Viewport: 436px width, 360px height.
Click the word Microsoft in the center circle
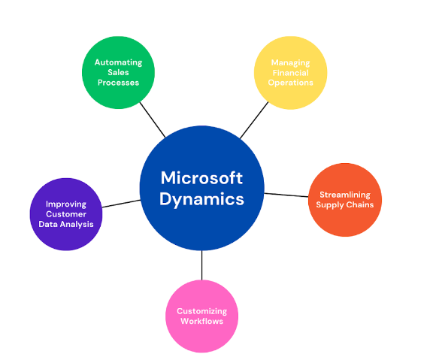(201, 177)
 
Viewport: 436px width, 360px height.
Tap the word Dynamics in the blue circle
(201, 200)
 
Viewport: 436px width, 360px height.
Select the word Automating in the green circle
(119, 62)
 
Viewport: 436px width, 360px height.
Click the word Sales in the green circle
(118, 73)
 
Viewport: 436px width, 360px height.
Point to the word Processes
(118, 83)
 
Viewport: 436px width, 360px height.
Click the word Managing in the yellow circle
(291, 63)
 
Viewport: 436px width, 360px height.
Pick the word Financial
(291, 73)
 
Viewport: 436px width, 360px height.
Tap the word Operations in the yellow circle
(291, 83)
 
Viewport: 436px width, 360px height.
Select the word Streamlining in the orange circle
(345, 195)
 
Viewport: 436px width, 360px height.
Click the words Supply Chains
(345, 205)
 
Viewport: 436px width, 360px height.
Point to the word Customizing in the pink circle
(202, 312)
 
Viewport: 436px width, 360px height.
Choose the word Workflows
(202, 322)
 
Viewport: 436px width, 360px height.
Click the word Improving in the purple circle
(66, 204)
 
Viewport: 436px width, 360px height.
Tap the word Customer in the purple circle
(66, 214)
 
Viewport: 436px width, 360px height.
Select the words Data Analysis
(66, 224)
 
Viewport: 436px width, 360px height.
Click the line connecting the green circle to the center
(153, 119)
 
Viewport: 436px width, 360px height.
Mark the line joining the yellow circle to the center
(254, 120)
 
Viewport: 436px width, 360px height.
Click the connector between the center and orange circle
(286, 195)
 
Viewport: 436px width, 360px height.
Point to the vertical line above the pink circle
(202, 265)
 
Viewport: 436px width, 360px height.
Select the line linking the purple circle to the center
(121, 204)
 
